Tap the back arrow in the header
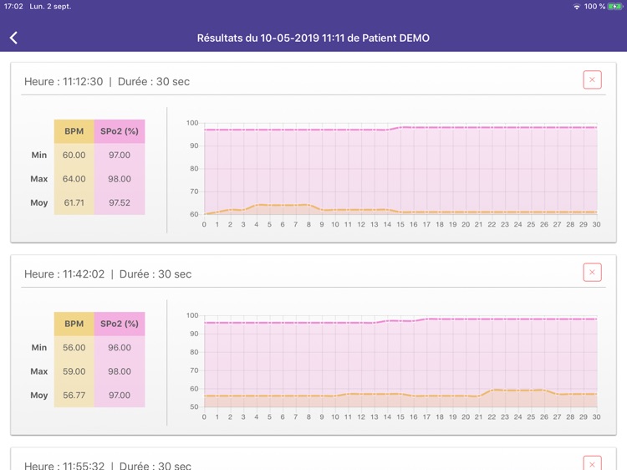point(13,38)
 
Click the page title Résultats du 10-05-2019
point(313,38)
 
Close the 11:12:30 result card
point(592,80)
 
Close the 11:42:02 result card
point(592,273)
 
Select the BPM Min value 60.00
point(74,155)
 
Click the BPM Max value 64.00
point(74,179)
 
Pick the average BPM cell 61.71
point(74,202)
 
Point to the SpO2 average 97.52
point(119,202)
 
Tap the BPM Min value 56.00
point(74,347)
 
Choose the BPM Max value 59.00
point(74,371)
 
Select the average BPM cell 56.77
point(74,395)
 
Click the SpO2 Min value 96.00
point(119,347)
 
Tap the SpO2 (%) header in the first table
point(119,131)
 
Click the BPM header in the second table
point(74,324)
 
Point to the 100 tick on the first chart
point(192,123)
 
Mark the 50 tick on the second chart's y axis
point(194,407)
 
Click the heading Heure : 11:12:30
point(64,82)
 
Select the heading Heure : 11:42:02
point(64,274)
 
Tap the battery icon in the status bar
point(616,7)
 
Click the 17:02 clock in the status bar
point(13,7)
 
